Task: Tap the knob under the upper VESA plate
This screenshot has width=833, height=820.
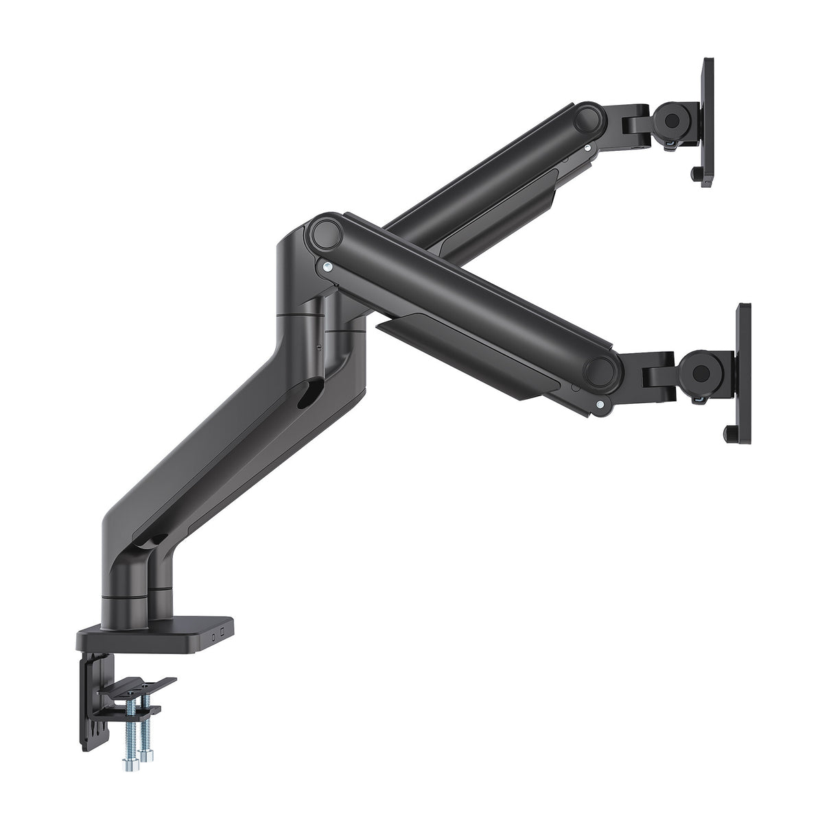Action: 699,176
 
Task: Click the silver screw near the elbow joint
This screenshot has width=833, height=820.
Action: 329,267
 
